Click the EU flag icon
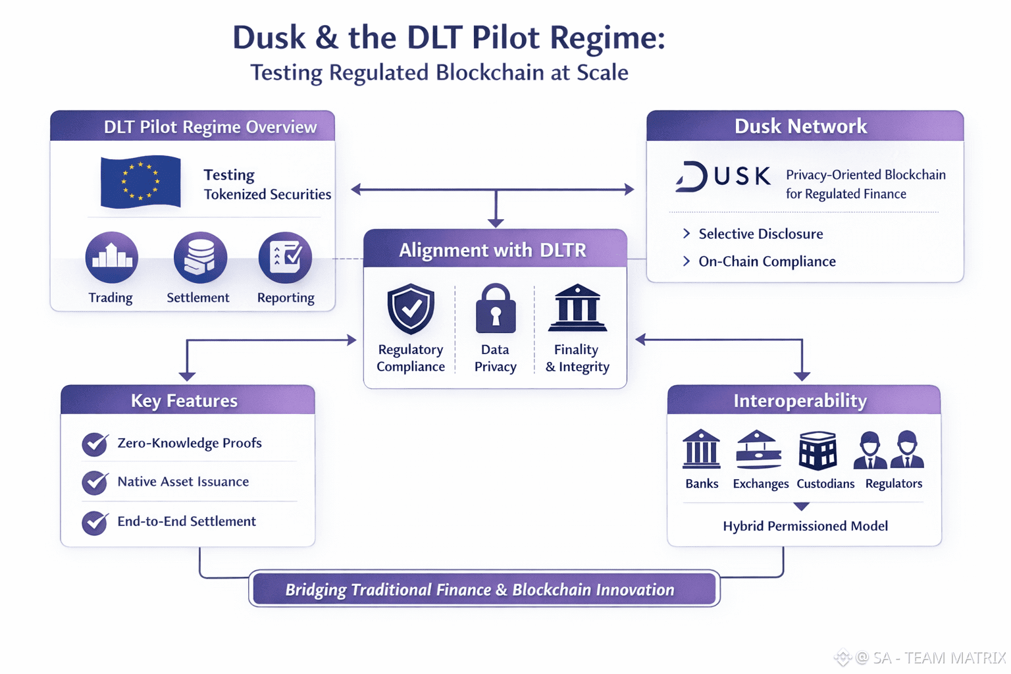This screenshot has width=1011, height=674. (x=140, y=182)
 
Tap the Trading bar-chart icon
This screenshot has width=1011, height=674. (x=111, y=257)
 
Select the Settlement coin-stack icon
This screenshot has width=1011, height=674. (x=200, y=257)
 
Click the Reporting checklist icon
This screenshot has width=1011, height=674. (x=285, y=257)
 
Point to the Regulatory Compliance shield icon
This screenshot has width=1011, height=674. (x=411, y=309)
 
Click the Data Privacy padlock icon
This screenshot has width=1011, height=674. (x=495, y=309)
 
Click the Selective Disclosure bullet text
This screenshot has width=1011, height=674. (x=760, y=234)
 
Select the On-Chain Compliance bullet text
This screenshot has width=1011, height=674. (x=767, y=261)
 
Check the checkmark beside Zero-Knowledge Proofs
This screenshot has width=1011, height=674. (x=95, y=444)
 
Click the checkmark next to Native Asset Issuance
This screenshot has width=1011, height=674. (x=95, y=482)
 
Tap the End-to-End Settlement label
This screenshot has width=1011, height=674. (x=186, y=521)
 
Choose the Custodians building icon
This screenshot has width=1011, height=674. (x=817, y=451)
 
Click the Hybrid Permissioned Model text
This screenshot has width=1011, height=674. (x=805, y=526)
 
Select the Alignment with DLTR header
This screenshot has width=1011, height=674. (x=494, y=250)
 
